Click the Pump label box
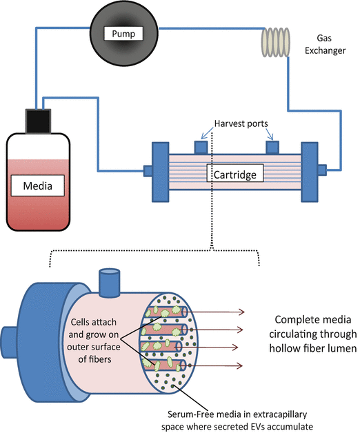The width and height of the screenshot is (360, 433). click(x=123, y=33)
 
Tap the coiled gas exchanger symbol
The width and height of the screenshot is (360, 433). click(x=276, y=42)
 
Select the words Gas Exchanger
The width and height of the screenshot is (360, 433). click(x=325, y=44)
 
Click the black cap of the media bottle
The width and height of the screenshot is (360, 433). click(x=38, y=121)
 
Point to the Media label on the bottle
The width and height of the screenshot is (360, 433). click(x=37, y=185)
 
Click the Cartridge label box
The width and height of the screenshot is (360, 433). click(x=235, y=173)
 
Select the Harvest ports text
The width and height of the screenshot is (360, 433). click(x=241, y=123)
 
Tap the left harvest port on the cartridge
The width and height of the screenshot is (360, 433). click(x=201, y=147)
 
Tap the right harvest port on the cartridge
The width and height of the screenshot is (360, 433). click(x=272, y=147)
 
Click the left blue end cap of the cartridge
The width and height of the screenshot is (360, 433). click(x=161, y=172)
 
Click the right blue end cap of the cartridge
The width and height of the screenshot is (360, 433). click(x=310, y=172)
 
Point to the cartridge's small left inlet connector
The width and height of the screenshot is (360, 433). click(x=148, y=171)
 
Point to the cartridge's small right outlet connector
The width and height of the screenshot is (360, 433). click(x=322, y=170)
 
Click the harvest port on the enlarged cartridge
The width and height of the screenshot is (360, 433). click(x=110, y=282)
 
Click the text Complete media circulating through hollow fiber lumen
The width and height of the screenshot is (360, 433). click(x=312, y=334)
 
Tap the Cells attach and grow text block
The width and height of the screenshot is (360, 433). click(x=94, y=341)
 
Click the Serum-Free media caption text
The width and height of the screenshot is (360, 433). click(x=237, y=420)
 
